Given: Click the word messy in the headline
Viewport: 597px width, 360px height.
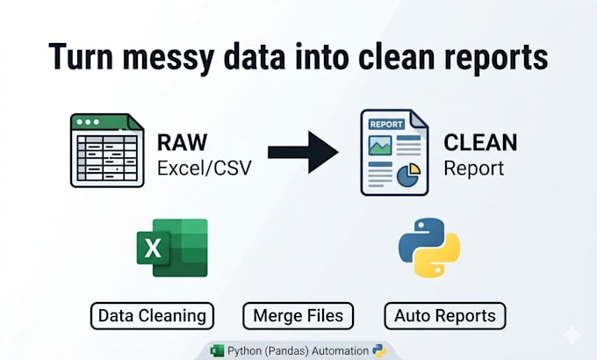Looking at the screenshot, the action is tap(167, 58).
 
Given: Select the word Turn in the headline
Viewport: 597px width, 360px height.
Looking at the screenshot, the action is tap(81, 57).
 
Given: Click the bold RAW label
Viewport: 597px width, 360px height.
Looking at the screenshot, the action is tap(182, 142).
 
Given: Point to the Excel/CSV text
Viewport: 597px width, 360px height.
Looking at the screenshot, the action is tap(205, 168).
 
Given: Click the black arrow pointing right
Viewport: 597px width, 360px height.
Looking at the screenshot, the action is tap(303, 153).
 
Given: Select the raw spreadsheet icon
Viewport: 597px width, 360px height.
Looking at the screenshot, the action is tap(107, 150).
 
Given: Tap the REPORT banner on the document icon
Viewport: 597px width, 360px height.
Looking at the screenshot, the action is tap(386, 124).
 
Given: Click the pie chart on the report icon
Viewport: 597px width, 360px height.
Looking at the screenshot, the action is tap(408, 176).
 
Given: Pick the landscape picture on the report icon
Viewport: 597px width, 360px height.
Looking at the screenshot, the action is tap(380, 146).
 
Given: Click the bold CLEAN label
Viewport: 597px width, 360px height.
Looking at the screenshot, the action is tap(480, 142).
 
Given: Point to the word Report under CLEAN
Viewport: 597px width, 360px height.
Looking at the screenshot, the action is tap(474, 169).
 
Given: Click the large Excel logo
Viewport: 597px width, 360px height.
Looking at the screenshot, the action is tap(172, 248).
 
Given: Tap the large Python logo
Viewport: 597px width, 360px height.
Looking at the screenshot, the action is tap(429, 248).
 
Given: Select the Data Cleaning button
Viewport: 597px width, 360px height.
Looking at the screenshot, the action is tap(152, 316).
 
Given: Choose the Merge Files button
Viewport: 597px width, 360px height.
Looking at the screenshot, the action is tap(298, 316).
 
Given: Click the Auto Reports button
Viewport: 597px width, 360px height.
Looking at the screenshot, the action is tap(445, 316).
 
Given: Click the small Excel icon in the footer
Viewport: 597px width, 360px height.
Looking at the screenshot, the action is tap(218, 351).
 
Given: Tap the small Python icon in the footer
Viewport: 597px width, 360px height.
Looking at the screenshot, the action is tap(379, 351).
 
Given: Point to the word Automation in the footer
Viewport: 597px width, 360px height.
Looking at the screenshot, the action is tap(340, 351).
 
